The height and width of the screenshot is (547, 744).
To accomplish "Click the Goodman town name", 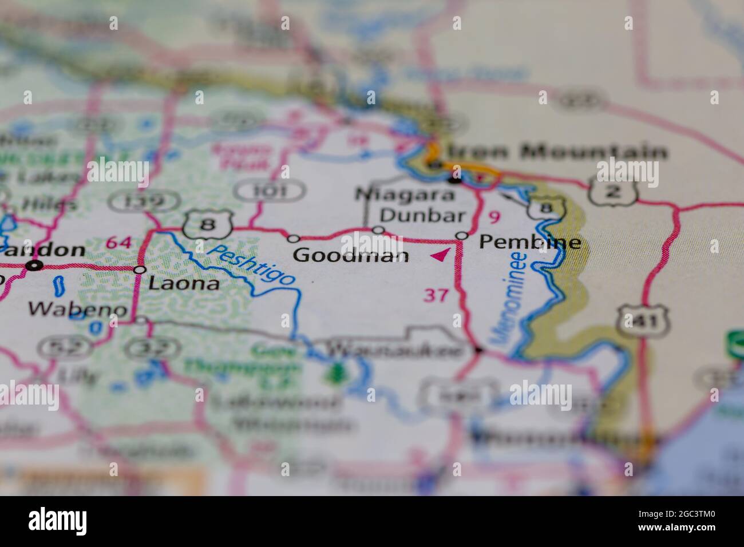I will pyautogui.click(x=351, y=255).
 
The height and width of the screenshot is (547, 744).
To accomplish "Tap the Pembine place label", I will pyautogui.click(x=530, y=242).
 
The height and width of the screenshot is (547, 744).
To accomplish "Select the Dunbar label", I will pyautogui.click(x=422, y=216).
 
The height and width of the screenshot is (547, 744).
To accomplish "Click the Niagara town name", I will pyautogui.click(x=405, y=195).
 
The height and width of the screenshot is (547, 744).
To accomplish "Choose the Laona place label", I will pyautogui.click(x=183, y=283).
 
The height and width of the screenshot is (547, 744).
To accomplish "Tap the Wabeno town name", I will pyautogui.click(x=78, y=310).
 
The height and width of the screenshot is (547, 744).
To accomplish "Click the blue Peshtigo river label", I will pyautogui.click(x=252, y=264).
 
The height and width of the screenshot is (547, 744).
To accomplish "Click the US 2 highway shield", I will pyautogui.click(x=612, y=191).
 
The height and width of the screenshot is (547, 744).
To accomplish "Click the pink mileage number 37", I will pyautogui.click(x=436, y=295).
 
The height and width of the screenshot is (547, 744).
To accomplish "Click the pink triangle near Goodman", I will pyautogui.click(x=440, y=255).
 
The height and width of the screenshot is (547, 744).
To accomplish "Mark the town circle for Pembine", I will pyautogui.click(x=462, y=236).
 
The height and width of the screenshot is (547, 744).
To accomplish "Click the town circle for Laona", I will pyautogui.click(x=140, y=269).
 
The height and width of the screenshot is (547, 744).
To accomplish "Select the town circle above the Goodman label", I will pyautogui.click(x=294, y=238).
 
